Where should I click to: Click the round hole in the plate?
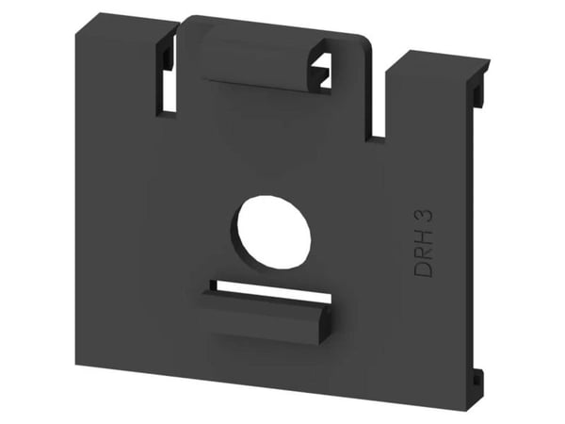(x=271, y=232)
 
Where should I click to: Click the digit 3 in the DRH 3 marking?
(x=426, y=218)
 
